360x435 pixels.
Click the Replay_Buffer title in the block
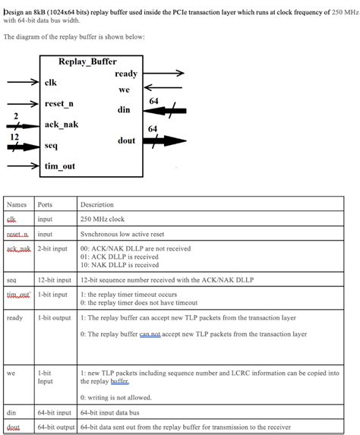pos(87,61)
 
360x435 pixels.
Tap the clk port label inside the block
pos(50,82)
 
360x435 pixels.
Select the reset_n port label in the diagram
pos(58,103)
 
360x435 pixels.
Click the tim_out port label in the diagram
pos(60,166)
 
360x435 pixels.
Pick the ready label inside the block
pos(125,74)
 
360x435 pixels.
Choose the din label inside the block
pos(124,110)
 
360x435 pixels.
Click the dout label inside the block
pos(126,140)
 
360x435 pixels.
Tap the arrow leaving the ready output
pos(163,74)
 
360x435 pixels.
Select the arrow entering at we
pos(163,89)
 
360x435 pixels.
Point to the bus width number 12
pos(14,137)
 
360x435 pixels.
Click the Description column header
pos(96,204)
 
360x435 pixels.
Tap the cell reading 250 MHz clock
pos(103,219)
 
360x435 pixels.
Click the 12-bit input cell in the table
pos(54,280)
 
